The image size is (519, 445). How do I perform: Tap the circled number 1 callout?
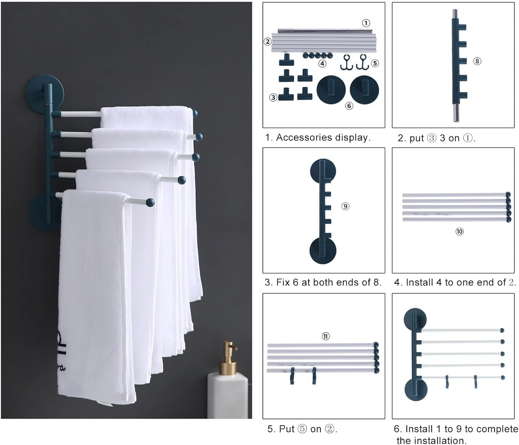366,23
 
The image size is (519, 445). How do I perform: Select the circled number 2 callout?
268,41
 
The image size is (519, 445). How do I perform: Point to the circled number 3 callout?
273,97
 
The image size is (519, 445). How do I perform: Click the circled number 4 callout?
323,64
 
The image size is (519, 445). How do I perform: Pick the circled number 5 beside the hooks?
375,63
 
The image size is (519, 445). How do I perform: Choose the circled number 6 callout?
349,106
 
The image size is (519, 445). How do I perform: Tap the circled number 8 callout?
477,61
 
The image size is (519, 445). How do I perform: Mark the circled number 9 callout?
345,206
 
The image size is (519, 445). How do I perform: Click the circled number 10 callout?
459,231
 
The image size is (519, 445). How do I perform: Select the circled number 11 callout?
326,336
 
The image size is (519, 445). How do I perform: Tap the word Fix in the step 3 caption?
283,282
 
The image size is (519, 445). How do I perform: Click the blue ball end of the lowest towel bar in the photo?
150,203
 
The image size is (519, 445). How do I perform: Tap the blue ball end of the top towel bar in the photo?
195,113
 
